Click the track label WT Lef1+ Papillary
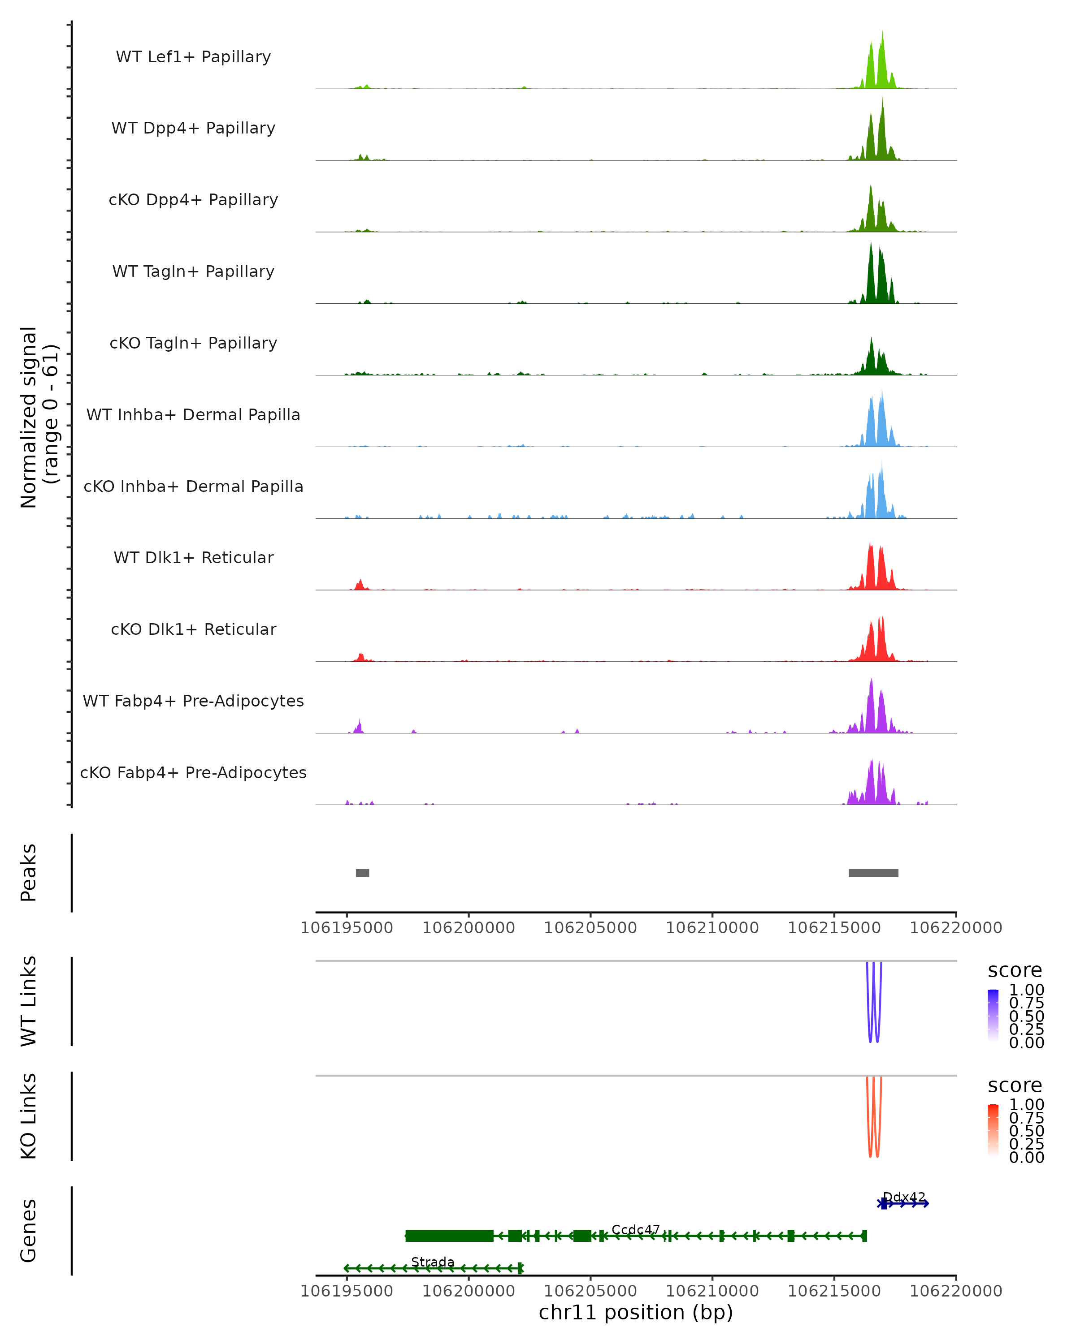click(x=193, y=57)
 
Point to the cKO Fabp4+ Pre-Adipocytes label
click(x=193, y=772)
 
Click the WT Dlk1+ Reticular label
click(x=193, y=557)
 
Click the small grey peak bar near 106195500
click(x=362, y=873)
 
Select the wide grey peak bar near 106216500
click(x=873, y=873)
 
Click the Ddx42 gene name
click(x=904, y=1197)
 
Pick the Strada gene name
click(x=432, y=1262)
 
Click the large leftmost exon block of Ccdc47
click(x=449, y=1236)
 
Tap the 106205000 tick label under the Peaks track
click(x=590, y=928)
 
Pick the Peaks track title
click(x=29, y=872)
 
